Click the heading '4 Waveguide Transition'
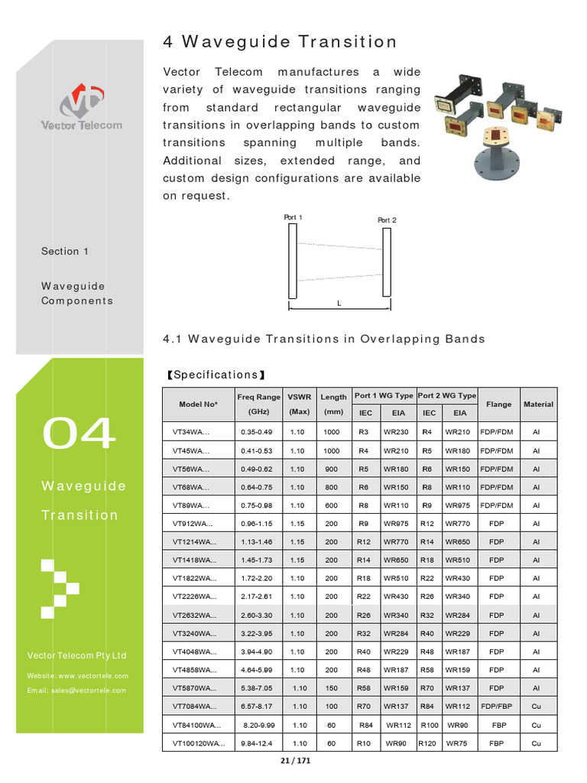click(x=280, y=42)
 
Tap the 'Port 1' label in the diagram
click(x=293, y=218)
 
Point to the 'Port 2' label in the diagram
click(x=388, y=220)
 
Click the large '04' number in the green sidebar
click(x=79, y=434)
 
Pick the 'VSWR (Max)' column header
click(x=299, y=404)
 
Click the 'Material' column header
click(x=538, y=404)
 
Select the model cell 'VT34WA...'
click(x=191, y=432)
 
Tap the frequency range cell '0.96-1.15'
click(x=257, y=524)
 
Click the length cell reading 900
click(x=331, y=469)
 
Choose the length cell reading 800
click(x=331, y=487)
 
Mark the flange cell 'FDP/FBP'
click(x=497, y=707)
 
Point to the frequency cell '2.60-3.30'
click(x=257, y=615)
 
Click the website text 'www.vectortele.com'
click(x=93, y=676)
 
